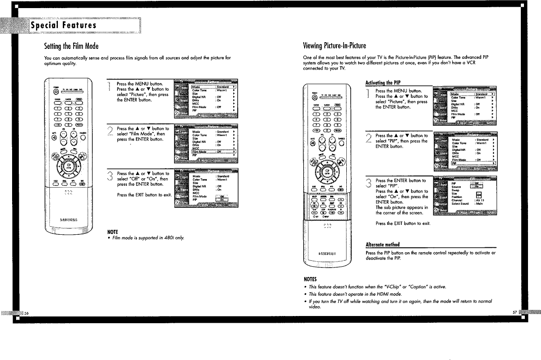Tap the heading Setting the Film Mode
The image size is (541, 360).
click(x=71, y=46)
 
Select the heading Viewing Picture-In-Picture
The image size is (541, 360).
click(x=335, y=46)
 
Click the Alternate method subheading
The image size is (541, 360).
click(x=383, y=245)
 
